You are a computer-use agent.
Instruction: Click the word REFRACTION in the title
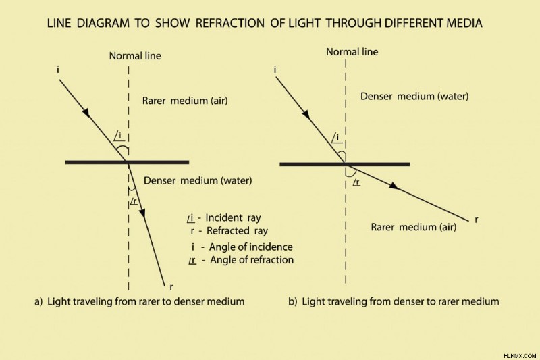(230, 23)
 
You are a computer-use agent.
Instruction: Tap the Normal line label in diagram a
(135, 56)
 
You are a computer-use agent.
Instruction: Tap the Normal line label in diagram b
(352, 52)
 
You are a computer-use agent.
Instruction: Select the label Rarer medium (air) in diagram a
(185, 101)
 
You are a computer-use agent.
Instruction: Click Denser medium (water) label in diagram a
(198, 180)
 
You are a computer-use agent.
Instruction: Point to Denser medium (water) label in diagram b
(414, 96)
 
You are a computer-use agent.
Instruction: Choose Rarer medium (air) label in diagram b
(413, 227)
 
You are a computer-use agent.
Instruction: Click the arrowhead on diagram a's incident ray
(86, 113)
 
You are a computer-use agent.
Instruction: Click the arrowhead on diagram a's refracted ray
(142, 213)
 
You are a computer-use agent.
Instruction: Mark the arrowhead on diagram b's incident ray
(306, 114)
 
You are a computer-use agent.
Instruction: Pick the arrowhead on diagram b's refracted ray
(394, 186)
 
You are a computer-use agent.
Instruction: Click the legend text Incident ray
(233, 217)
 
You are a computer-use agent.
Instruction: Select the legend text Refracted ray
(237, 230)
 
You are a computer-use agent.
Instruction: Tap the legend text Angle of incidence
(250, 247)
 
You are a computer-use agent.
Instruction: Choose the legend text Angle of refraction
(252, 260)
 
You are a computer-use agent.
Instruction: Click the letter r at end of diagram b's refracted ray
(477, 220)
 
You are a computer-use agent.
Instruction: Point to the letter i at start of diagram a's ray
(58, 70)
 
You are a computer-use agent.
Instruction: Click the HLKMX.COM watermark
(520, 356)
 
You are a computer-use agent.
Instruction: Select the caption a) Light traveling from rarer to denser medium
(140, 301)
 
